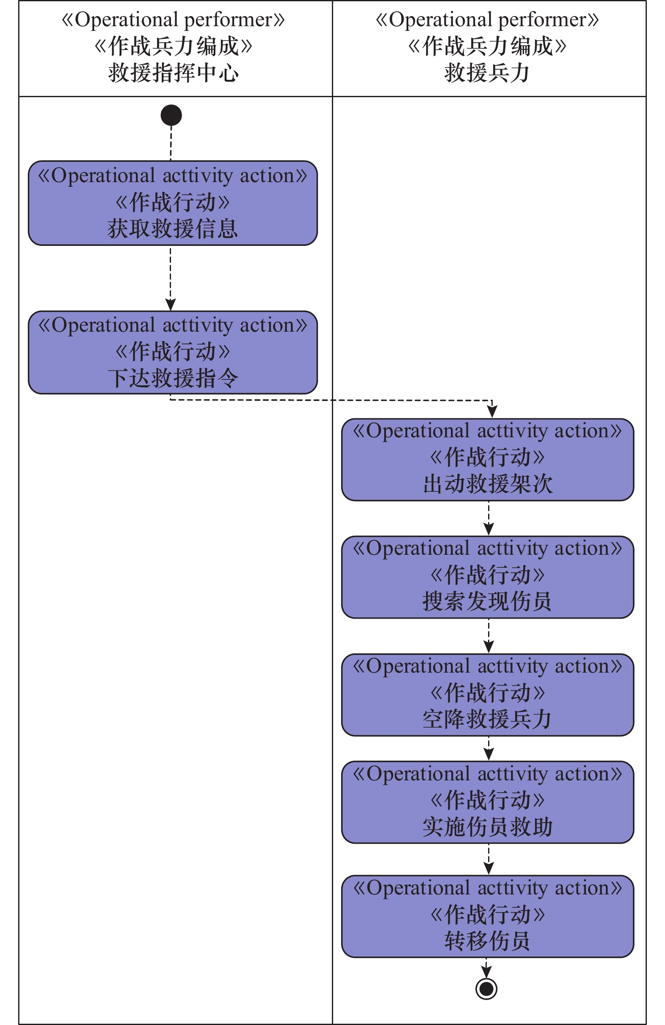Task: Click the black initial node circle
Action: point(171,115)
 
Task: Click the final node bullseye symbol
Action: point(486,988)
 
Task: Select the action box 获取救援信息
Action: point(173,203)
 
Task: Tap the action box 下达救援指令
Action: point(173,352)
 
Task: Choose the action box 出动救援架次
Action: point(487,460)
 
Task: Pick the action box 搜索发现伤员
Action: point(487,577)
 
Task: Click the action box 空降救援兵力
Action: point(487,695)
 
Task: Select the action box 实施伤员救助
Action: point(487,802)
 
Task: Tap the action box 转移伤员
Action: point(487,916)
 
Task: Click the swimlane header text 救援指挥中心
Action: point(174,73)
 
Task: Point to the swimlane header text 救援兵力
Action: point(487,73)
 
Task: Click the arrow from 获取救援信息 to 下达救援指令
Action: point(171,278)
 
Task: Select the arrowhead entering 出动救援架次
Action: point(492,412)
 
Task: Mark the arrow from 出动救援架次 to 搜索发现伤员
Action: point(489,518)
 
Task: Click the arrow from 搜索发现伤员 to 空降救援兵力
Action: point(489,636)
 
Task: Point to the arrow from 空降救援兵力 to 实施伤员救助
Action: point(489,749)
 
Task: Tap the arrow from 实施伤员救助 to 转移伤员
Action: point(489,859)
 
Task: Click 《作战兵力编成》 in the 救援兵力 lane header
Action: point(487,46)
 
